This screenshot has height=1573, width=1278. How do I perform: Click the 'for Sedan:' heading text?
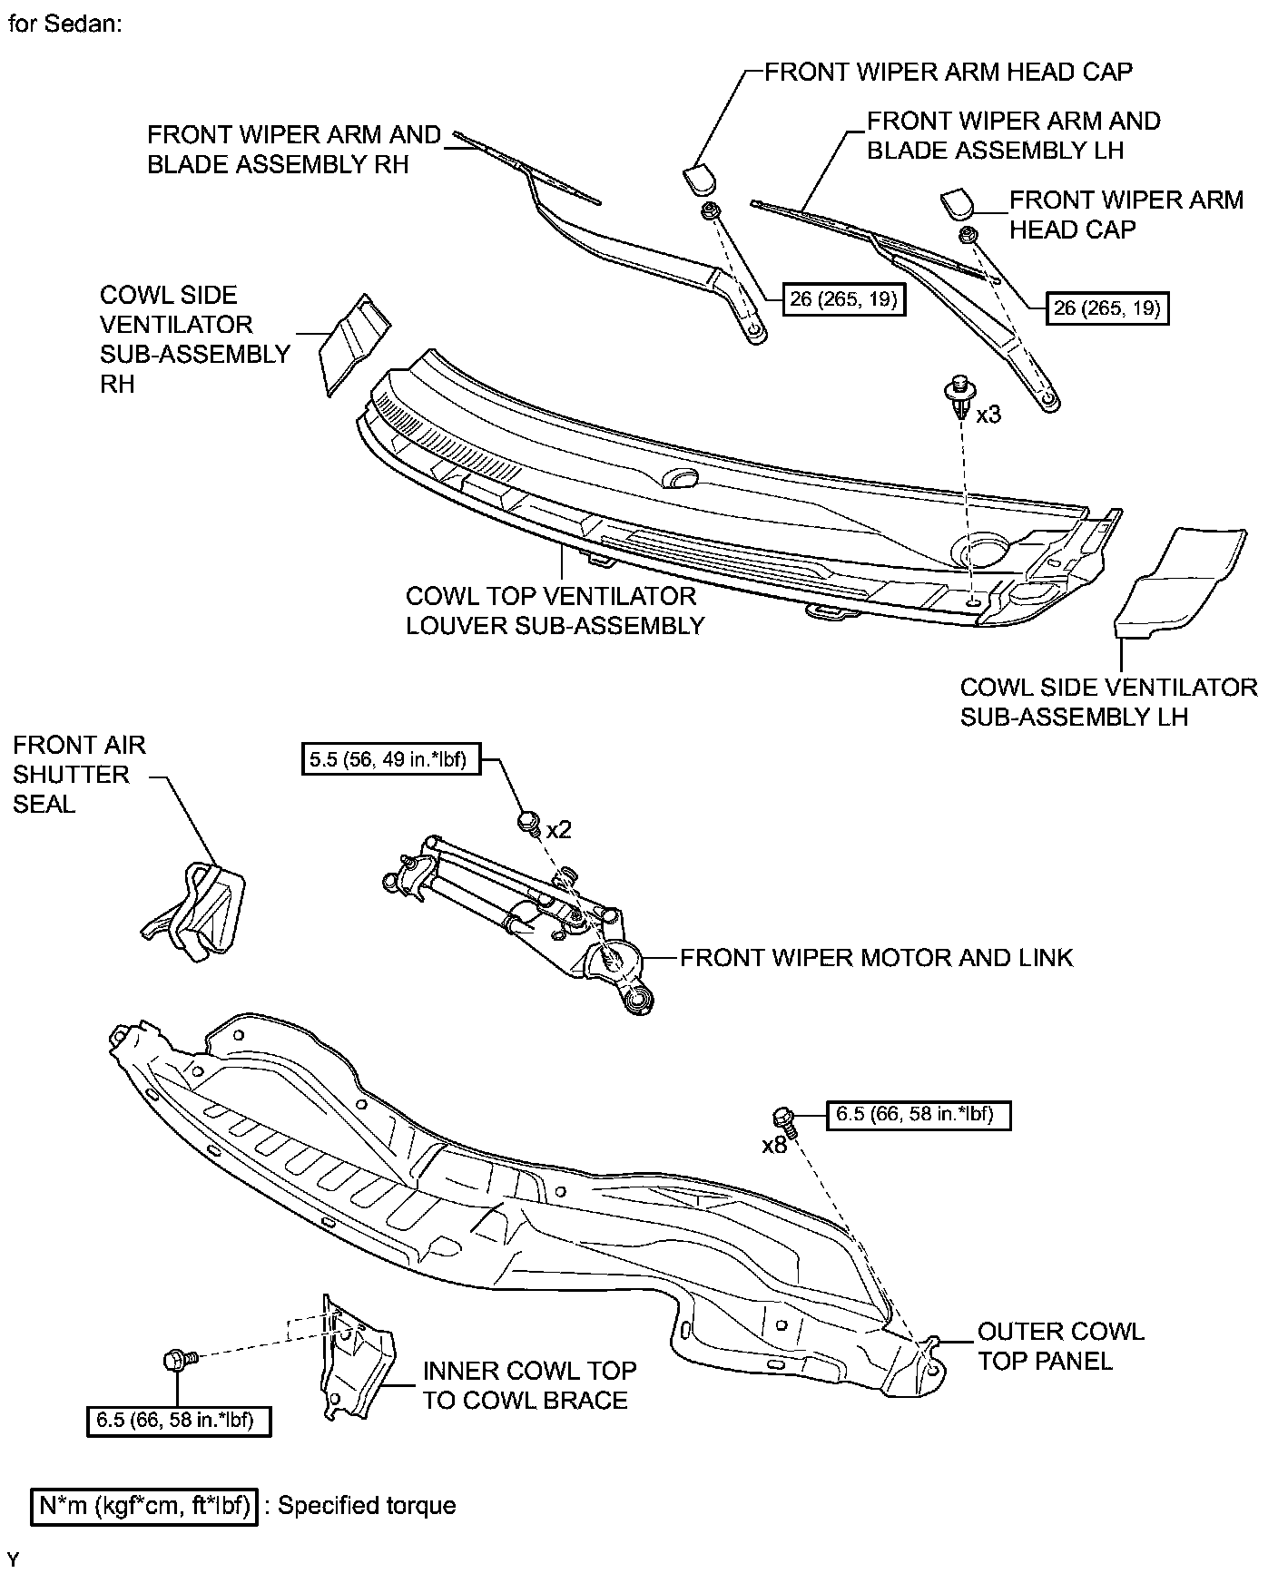pyautogui.click(x=64, y=24)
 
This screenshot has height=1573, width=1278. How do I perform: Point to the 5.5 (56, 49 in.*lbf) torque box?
pyautogui.click(x=389, y=758)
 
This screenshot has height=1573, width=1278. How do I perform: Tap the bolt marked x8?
pyautogui.click(x=784, y=1119)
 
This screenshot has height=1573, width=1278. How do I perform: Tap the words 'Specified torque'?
pyautogui.click(x=367, y=1506)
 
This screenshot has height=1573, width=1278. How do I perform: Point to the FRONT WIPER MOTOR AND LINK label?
pyautogui.click(x=876, y=958)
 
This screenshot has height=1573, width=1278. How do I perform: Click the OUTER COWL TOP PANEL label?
pyautogui.click(x=1059, y=1346)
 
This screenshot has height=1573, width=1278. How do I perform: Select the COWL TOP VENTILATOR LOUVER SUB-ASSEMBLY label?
pyautogui.click(x=554, y=611)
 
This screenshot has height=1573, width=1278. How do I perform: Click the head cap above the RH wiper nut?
pyautogui.click(x=698, y=179)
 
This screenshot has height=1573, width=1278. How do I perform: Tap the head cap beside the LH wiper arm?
pyautogui.click(x=958, y=204)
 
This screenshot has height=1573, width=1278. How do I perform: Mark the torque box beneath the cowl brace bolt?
pyautogui.click(x=182, y=1421)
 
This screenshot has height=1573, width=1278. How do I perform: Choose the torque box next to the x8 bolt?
pyautogui.click(x=919, y=1114)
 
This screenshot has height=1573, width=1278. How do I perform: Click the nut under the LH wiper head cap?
pyautogui.click(x=968, y=235)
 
